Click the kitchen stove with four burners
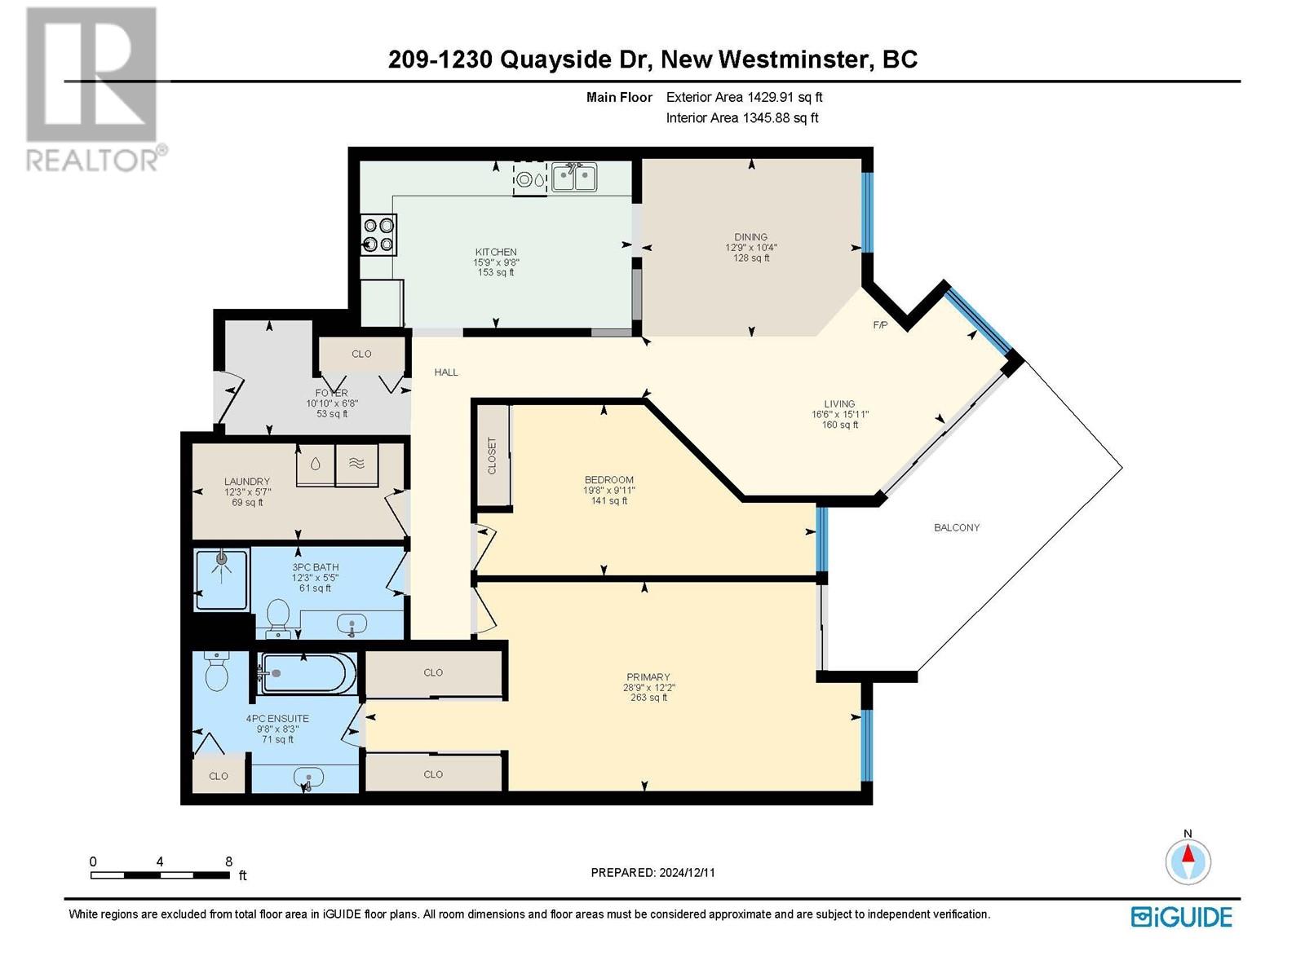pos(378,235)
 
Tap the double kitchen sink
pos(573,177)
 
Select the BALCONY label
pos(956,527)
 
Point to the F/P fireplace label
pos(880,325)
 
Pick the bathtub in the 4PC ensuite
pos(308,673)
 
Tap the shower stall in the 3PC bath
pos(221,579)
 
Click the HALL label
pos(446,372)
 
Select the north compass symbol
pos(1188,861)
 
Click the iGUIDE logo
pos(1181,917)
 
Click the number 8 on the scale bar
pos(229,861)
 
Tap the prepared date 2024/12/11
pos(687,873)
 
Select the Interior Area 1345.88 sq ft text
pos(742,118)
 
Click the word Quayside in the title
pos(555,60)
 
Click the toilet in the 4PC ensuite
pos(216,672)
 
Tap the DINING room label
pos(750,237)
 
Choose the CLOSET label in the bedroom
pos(492,456)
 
